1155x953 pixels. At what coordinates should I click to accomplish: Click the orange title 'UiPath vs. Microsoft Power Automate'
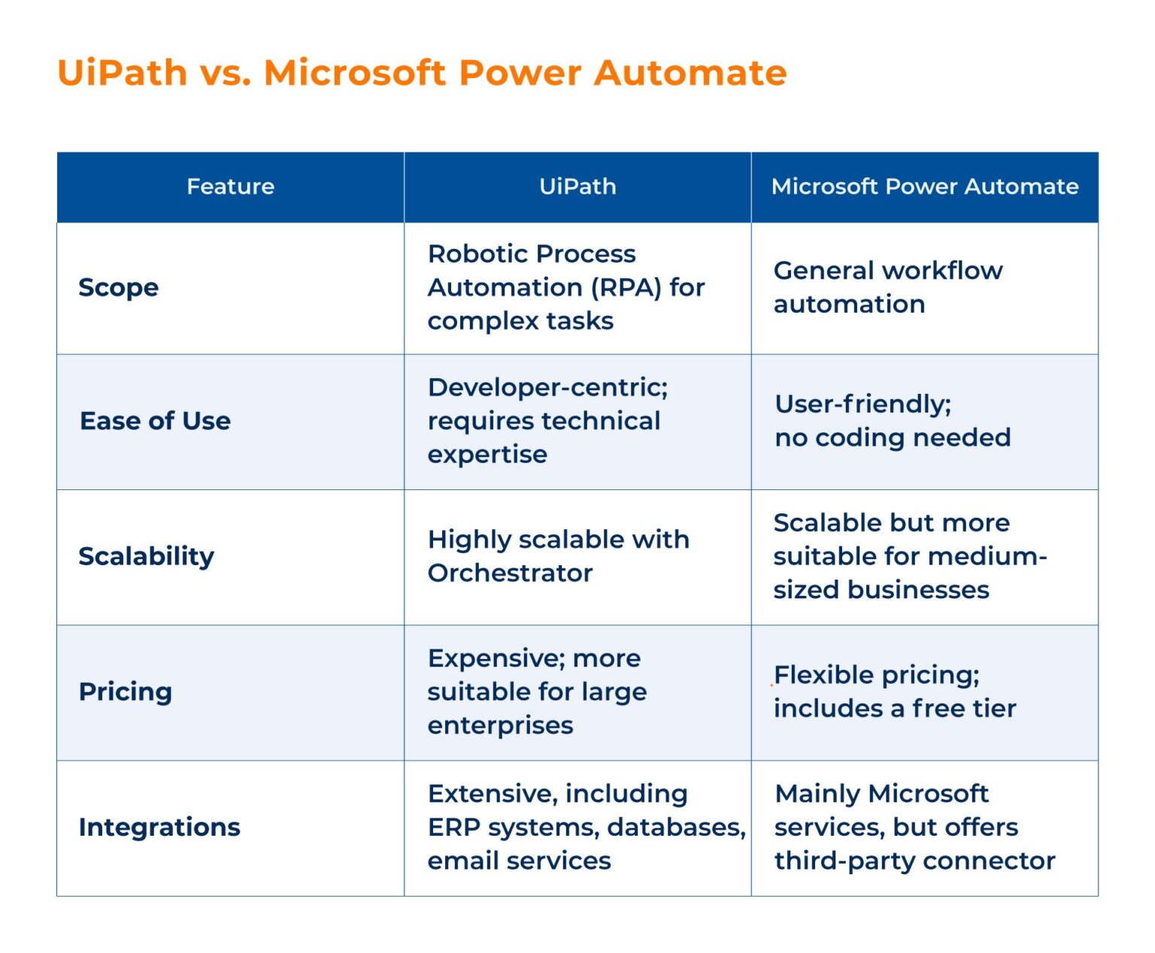tap(421, 73)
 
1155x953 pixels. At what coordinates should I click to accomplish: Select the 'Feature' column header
tap(230, 186)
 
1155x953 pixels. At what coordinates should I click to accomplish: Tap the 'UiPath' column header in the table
tap(577, 186)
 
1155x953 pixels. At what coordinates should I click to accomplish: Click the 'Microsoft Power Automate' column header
tap(925, 186)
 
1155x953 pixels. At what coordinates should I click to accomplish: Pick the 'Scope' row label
tap(119, 288)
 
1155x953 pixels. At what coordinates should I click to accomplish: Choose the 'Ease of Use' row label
tap(155, 421)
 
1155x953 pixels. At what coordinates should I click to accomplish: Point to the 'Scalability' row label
tap(147, 556)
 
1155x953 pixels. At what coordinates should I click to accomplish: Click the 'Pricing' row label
tap(126, 691)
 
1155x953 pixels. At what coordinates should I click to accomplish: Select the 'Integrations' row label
tap(159, 827)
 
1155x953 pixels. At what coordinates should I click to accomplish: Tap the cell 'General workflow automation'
tap(887, 287)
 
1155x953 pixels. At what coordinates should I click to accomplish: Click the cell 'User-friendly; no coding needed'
tap(893, 421)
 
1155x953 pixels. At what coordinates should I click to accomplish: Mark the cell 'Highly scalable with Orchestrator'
tap(558, 556)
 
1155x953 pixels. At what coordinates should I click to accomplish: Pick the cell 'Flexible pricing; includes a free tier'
tap(895, 691)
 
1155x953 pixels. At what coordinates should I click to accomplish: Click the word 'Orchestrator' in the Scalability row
tap(510, 573)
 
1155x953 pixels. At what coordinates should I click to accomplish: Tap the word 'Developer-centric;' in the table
tap(547, 388)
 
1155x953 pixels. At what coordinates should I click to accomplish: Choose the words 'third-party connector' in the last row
tap(914, 861)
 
